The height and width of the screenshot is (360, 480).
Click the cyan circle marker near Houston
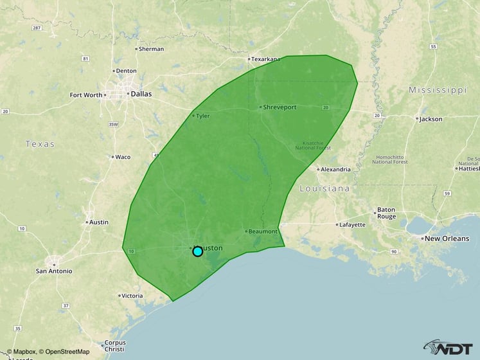pyautogui.click(x=198, y=251)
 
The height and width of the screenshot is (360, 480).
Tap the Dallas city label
pyautogui.click(x=141, y=94)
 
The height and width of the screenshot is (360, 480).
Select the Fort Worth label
pyautogui.click(x=85, y=95)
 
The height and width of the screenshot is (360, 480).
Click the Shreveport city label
pyautogui.click(x=280, y=107)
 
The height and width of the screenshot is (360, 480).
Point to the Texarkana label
pyautogui.click(x=265, y=59)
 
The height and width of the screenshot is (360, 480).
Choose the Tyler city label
pyautogui.click(x=202, y=116)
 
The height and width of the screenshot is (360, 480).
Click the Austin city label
pyautogui.click(x=99, y=222)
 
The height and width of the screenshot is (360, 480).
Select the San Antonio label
pyautogui.click(x=54, y=271)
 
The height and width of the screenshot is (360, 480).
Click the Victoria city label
pyautogui.click(x=131, y=296)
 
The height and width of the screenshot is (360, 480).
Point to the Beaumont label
pyautogui.click(x=263, y=231)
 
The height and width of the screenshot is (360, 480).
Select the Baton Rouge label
pyautogui.click(x=386, y=213)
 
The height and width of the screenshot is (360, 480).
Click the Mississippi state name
pyautogui.click(x=437, y=90)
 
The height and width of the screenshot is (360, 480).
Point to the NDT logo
pyautogui.click(x=450, y=347)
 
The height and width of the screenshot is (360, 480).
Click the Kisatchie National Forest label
pyautogui.click(x=313, y=145)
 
